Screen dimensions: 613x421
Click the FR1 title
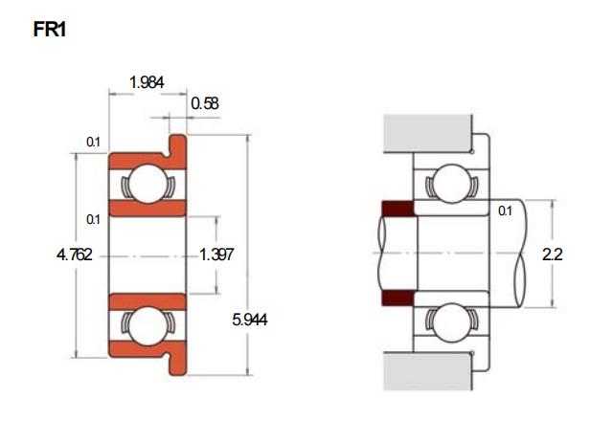click(50, 30)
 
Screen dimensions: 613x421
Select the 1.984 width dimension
click(147, 82)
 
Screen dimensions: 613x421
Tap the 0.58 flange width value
click(205, 103)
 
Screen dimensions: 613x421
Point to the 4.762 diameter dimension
click(75, 255)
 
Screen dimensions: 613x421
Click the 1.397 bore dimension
click(216, 255)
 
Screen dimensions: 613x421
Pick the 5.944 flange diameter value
click(250, 320)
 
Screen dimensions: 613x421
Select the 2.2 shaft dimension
click(553, 255)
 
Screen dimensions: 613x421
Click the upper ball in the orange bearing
click(148, 184)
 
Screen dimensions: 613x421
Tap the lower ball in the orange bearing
click(148, 326)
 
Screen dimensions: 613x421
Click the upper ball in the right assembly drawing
click(451, 184)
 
